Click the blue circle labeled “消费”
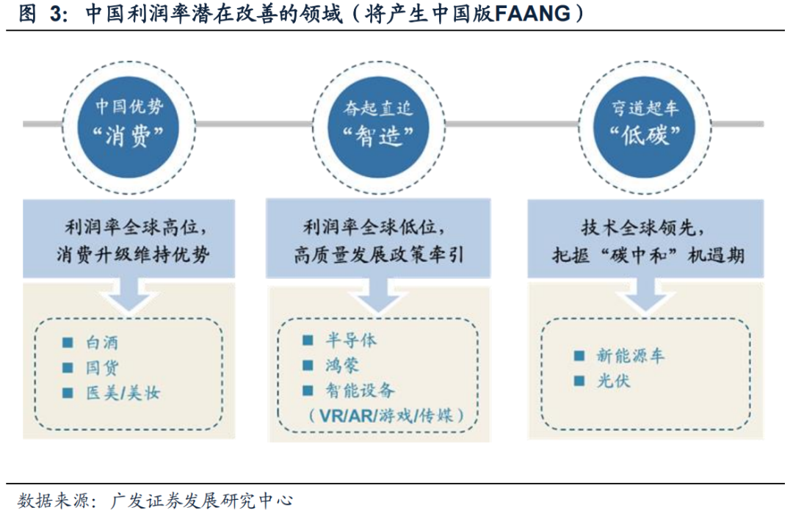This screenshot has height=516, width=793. (130, 123)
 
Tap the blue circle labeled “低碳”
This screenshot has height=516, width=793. (645, 123)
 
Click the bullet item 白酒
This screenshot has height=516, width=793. (101, 343)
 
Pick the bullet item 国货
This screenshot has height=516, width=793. (101, 368)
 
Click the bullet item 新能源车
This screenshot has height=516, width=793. (630, 357)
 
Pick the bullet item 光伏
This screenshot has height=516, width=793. (612, 382)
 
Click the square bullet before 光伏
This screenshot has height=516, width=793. (579, 382)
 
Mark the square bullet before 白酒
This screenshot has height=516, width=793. (68, 343)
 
